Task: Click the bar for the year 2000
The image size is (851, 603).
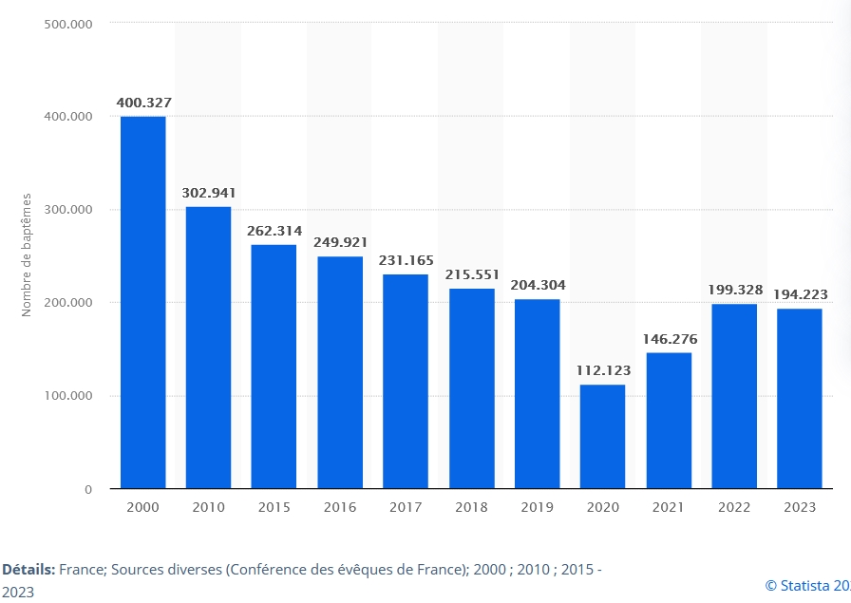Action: pyautogui.click(x=142, y=302)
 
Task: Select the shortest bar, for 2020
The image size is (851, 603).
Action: pyautogui.click(x=602, y=437)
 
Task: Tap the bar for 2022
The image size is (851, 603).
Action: pyautogui.click(x=734, y=396)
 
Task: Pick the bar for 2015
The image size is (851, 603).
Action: pyautogui.click(x=274, y=367)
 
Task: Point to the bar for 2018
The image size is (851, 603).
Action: pyautogui.click(x=471, y=388)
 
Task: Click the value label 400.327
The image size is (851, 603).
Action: pyautogui.click(x=143, y=102)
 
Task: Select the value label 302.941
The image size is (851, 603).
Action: pyautogui.click(x=209, y=193)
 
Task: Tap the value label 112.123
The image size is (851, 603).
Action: pyautogui.click(x=603, y=370)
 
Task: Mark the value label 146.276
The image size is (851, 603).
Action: pyautogui.click(x=669, y=338)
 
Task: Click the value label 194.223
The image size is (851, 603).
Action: pyautogui.click(x=800, y=294)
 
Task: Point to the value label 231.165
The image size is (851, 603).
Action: pyautogui.click(x=406, y=260)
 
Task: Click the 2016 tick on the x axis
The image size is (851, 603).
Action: pyautogui.click(x=340, y=507)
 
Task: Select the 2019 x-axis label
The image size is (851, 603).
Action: pyautogui.click(x=537, y=507)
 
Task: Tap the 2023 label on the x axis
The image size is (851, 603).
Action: pyautogui.click(x=800, y=507)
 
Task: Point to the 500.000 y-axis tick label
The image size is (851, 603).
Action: pyautogui.click(x=67, y=23)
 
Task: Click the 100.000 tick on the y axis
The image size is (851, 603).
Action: pyautogui.click(x=67, y=396)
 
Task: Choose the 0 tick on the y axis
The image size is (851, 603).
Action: pyautogui.click(x=88, y=489)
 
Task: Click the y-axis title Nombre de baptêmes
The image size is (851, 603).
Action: pyautogui.click(x=27, y=254)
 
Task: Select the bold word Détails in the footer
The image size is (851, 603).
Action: pyautogui.click(x=28, y=570)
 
